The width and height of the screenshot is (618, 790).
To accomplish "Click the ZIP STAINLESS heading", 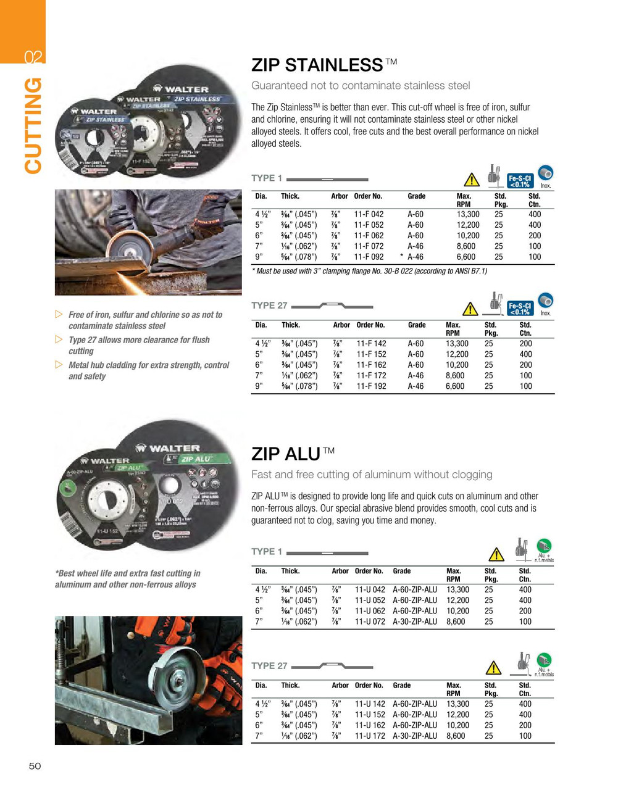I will [317, 65].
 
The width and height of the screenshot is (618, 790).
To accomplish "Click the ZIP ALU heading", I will [285, 454].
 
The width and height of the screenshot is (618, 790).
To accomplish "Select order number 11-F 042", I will [369, 214].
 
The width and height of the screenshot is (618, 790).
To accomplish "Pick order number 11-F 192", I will [371, 386].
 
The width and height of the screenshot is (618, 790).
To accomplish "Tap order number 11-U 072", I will [370, 622].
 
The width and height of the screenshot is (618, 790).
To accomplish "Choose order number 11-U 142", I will [370, 704].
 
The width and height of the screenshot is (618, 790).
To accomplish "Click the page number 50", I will [35, 766].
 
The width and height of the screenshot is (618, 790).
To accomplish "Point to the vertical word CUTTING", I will [33, 125].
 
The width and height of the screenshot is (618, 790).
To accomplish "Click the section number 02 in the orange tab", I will [33, 57].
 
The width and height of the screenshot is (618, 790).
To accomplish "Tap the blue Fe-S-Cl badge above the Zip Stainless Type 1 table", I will [519, 180].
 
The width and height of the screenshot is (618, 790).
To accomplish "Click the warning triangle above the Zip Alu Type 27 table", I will [493, 668].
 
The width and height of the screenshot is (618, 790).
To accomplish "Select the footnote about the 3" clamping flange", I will [369, 271].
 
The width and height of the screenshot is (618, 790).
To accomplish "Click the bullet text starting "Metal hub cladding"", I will [148, 370].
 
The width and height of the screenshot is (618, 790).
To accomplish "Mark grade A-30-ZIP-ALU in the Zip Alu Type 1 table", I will [414, 622].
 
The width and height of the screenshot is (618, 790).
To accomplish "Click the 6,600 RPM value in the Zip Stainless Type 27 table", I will [456, 386].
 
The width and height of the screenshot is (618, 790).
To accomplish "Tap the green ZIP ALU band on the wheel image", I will [196, 459].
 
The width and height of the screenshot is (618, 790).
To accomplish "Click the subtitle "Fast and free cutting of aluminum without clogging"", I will [372, 475].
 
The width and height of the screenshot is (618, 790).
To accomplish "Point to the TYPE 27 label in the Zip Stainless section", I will [269, 306].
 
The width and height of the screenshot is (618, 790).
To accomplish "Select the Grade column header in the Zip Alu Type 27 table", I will [401, 685].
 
